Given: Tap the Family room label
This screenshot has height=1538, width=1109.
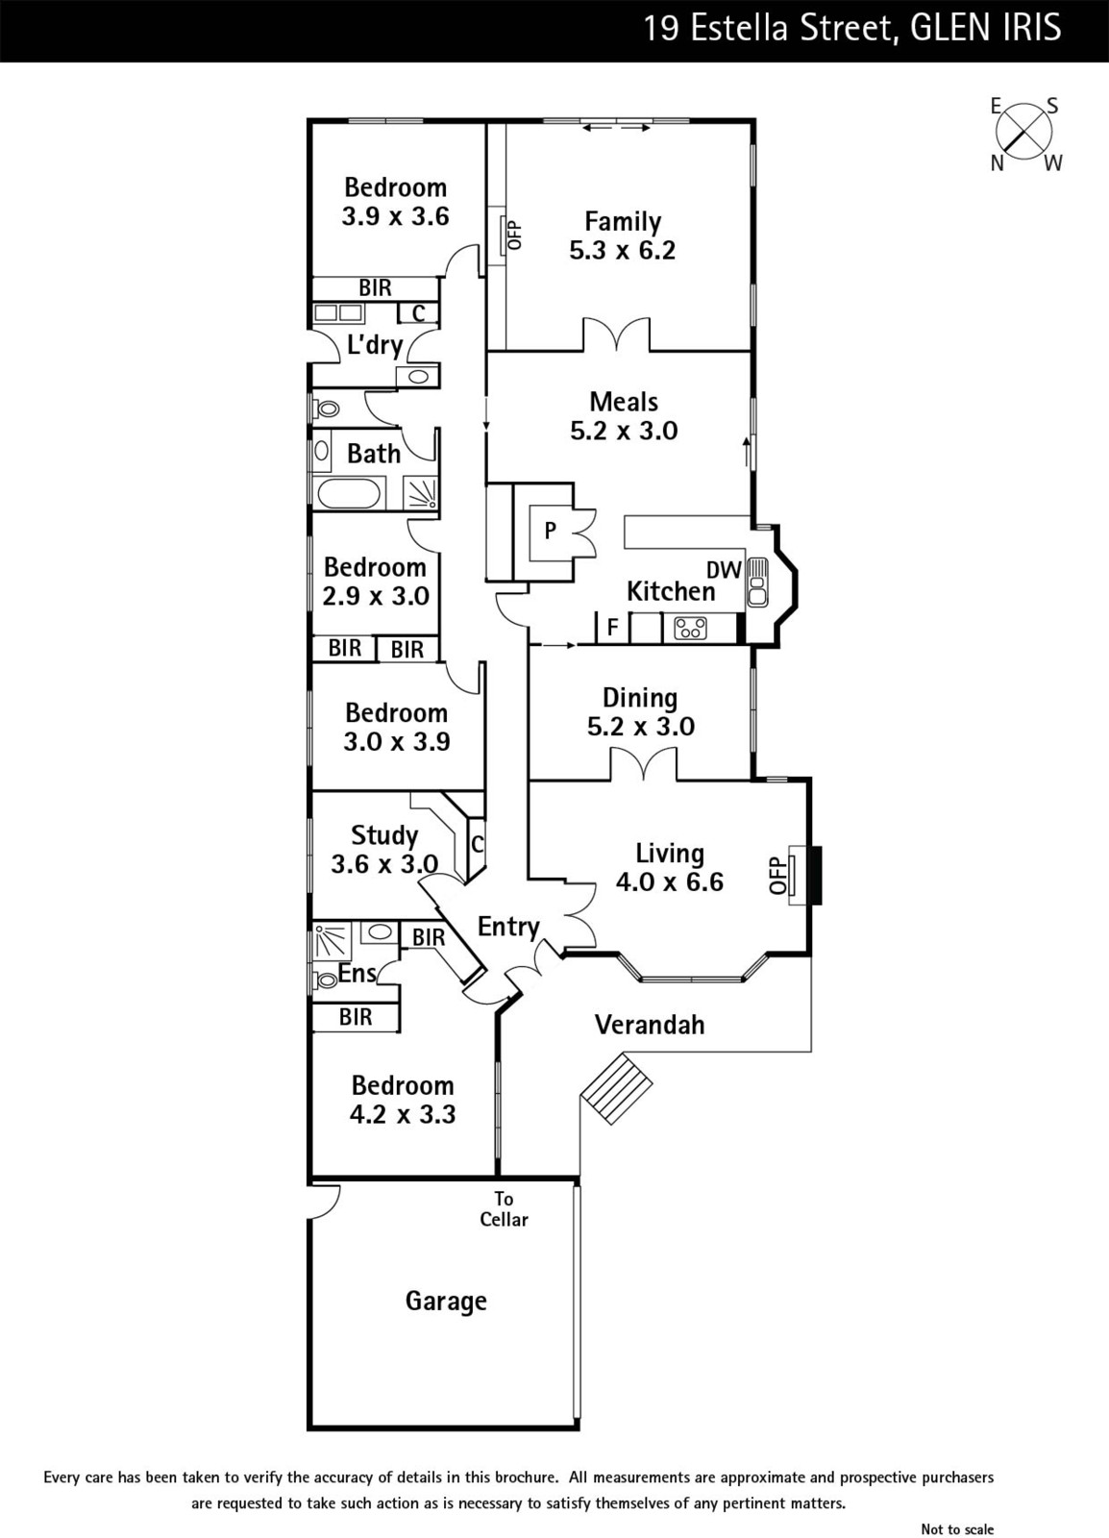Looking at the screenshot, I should tap(623, 222).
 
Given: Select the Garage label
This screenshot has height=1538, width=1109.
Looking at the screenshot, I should tap(446, 1301).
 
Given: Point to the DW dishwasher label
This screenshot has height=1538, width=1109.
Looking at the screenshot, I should tap(724, 570).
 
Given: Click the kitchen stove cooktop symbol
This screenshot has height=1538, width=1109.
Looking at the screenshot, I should tap(690, 629).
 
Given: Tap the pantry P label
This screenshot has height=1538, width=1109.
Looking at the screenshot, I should tap(550, 530).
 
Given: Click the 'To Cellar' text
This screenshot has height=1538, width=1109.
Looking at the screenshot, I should tap(504, 1209).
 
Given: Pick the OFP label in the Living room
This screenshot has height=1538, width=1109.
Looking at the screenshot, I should tap(777, 875).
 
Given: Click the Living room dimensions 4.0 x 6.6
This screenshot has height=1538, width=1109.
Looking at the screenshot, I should tap(669, 881).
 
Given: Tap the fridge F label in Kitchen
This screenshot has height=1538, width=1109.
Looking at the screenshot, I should tap(612, 629).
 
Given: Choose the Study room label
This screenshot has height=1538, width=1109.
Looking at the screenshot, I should tap(384, 835).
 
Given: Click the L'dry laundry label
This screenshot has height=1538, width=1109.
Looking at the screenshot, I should tap(374, 344).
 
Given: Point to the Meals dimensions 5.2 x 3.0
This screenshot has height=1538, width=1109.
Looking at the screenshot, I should tap(624, 431).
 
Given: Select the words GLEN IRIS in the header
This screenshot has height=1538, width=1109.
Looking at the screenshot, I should tap(985, 28).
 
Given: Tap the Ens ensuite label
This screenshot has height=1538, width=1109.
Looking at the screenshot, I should tap(357, 974).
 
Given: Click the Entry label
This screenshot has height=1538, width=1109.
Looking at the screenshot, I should tap(508, 927).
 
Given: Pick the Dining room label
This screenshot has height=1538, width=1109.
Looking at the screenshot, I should tap(640, 698).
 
